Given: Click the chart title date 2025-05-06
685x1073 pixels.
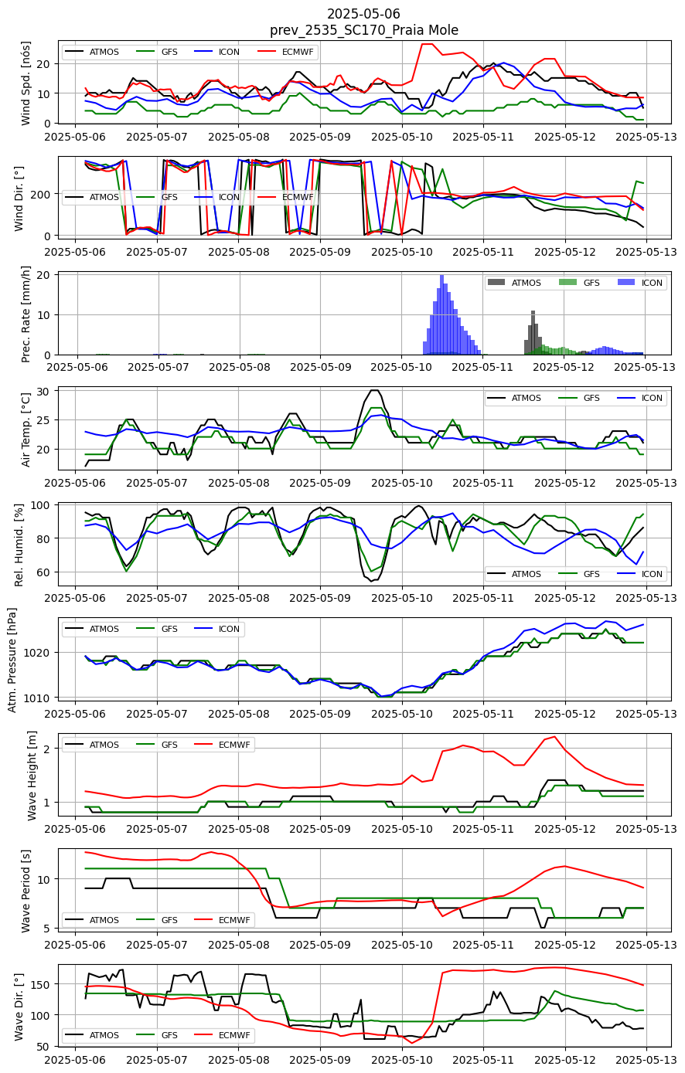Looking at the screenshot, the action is click(363, 13).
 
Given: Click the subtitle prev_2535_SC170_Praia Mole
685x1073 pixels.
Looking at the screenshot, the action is click(364, 30).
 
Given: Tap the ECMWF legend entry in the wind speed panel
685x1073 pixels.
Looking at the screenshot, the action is click(286, 52).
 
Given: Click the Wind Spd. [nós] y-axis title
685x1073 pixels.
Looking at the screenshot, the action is click(26, 83).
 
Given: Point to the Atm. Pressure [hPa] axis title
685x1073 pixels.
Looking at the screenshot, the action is click(12, 660).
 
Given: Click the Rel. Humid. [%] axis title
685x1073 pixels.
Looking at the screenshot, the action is click(19, 545).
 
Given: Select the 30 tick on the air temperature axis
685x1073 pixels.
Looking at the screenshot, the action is click(43, 392).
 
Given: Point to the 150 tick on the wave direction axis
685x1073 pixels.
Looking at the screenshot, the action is click(43, 984).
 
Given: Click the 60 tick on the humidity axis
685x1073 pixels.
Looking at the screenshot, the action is click(44, 572).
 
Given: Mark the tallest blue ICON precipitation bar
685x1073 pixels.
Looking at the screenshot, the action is click(441, 314).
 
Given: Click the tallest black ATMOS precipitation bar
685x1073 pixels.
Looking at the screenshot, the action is click(533, 333).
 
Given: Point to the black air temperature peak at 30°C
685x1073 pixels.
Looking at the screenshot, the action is click(374, 390).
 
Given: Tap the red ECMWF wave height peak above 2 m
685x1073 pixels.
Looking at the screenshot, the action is click(554, 737).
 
